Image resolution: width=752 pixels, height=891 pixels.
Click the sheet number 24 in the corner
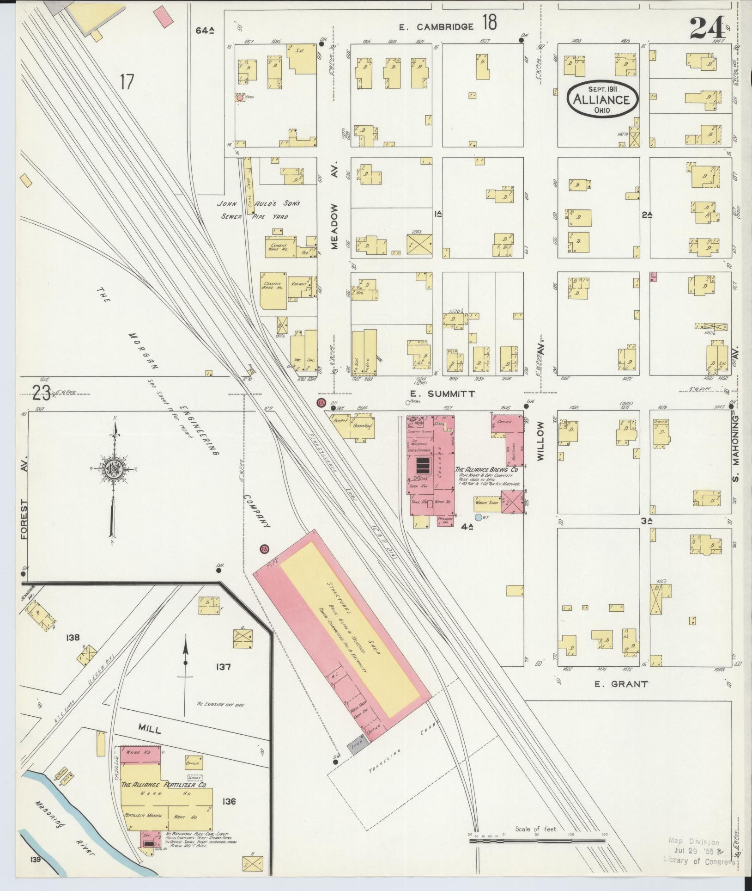(x=707, y=27)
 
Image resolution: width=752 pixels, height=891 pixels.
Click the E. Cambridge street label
(x=436, y=27)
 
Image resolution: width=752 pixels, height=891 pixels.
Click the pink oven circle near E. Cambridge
(x=240, y=98)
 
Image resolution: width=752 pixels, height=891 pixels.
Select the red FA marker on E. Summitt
(x=321, y=402)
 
